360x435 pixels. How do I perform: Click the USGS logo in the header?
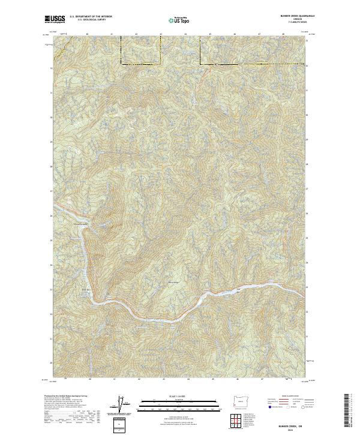tap(55, 20)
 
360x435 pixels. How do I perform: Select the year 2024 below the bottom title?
tap(289, 430)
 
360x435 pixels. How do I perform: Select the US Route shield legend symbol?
tap(287, 407)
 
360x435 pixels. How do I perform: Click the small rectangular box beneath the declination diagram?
tap(120, 425)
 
